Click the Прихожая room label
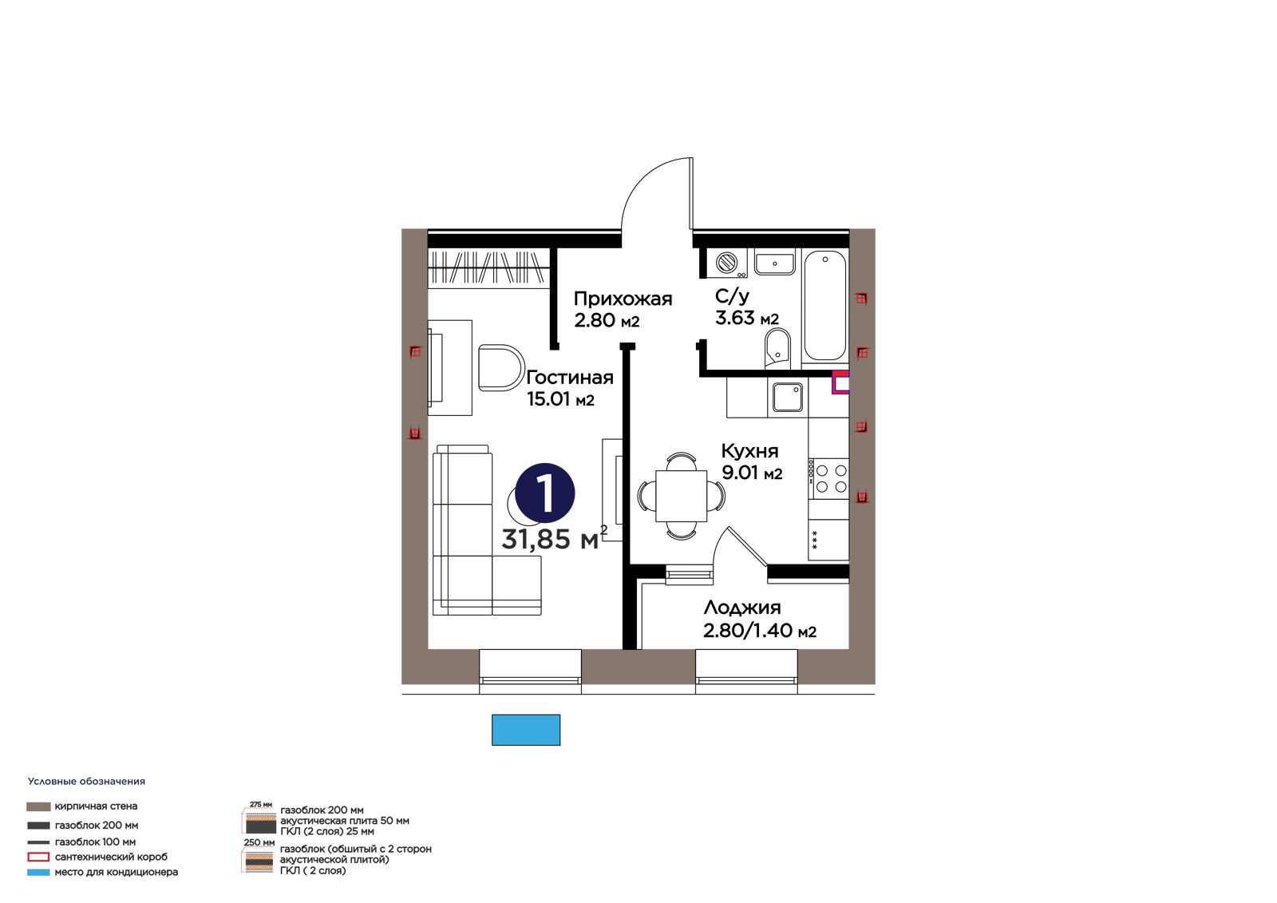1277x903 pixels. point(623,309)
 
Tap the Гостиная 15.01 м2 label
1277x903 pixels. point(569,388)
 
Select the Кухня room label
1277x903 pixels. point(751,461)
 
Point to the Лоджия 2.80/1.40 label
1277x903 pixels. point(759,618)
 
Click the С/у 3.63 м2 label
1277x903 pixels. point(747,307)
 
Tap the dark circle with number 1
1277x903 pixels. point(544,493)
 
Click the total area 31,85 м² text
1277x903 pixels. point(554,538)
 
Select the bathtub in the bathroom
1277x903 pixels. point(824,307)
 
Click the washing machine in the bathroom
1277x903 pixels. point(726,263)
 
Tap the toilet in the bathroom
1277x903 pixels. point(777,348)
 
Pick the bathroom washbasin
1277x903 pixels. point(774,263)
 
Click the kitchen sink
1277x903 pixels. point(787,397)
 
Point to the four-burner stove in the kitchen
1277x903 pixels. point(828,478)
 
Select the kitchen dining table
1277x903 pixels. point(682,495)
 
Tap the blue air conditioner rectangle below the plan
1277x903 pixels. point(526,730)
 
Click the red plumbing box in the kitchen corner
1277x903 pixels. point(840,382)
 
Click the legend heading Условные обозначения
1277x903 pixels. point(86,782)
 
